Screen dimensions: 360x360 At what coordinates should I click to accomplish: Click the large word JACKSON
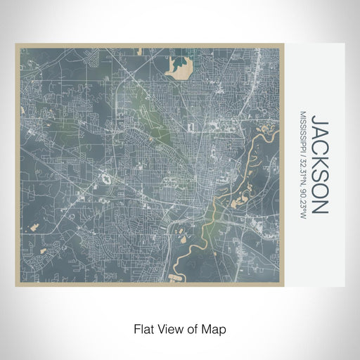coord(319,165)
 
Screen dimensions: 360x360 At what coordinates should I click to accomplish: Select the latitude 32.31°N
coord(302,176)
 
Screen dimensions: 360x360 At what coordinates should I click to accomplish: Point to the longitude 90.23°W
coord(302,205)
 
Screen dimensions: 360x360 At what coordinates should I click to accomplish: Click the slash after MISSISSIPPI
coord(302,160)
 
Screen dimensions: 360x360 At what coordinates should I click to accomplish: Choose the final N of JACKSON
coord(319,207)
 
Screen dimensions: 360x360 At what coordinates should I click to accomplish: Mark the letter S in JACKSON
coord(319,175)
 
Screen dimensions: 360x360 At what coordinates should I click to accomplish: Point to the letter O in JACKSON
coord(319,191)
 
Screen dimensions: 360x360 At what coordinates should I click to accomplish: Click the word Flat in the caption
coord(144,328)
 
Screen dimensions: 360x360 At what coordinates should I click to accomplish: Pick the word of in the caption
coord(193,328)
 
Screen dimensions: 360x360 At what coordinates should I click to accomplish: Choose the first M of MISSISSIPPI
coord(302,114)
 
